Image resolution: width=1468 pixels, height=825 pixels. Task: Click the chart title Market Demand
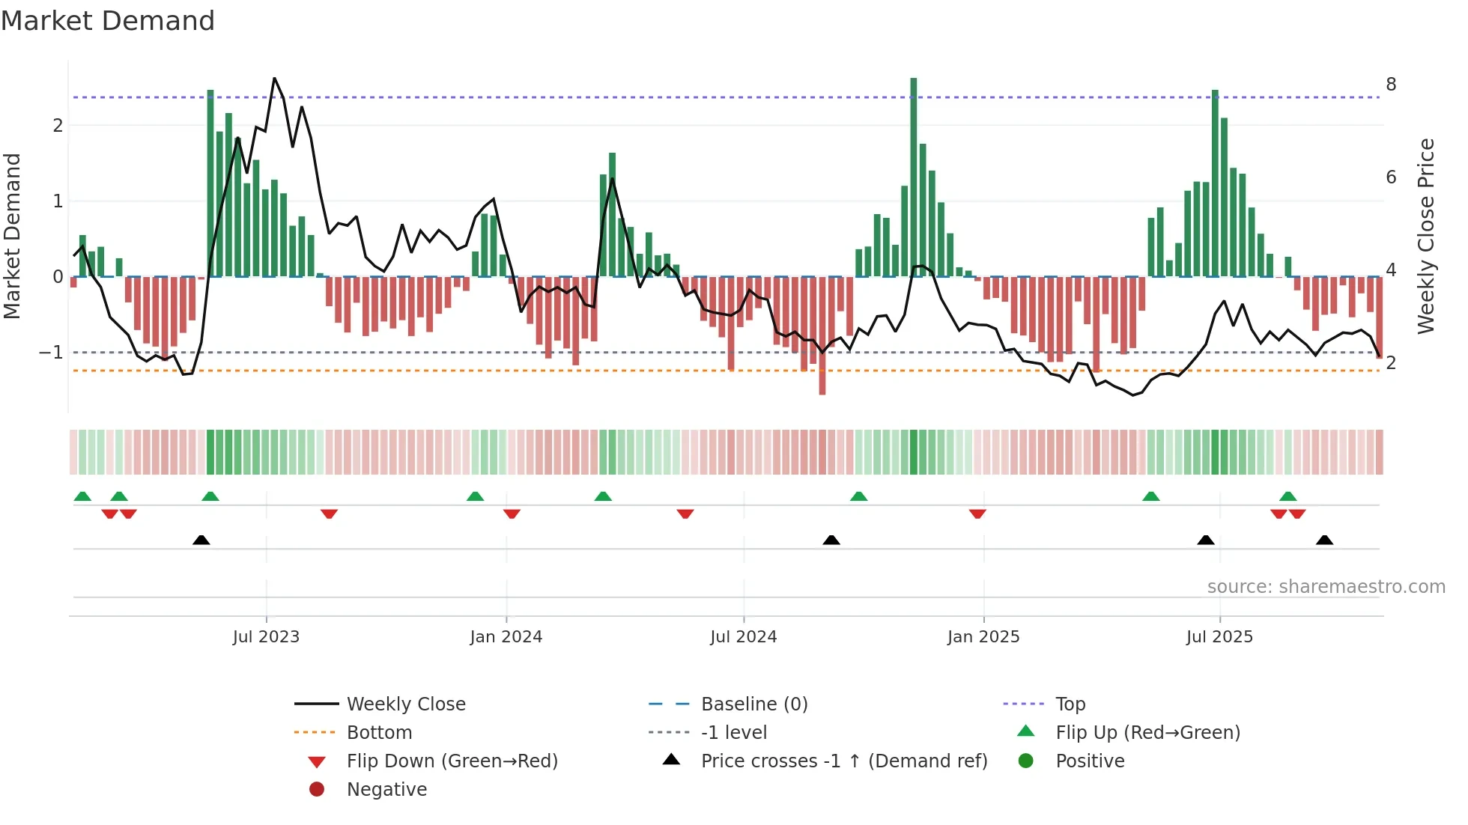click(108, 21)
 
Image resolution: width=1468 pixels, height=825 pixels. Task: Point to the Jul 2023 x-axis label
click(266, 637)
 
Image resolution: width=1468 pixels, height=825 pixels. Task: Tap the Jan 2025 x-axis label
click(983, 637)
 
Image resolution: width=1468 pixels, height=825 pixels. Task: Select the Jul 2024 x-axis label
click(743, 637)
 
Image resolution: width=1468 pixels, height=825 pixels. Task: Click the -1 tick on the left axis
click(51, 353)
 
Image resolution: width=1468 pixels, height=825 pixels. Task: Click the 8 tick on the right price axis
click(1391, 85)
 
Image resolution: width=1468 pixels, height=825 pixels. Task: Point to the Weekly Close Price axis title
click(1426, 236)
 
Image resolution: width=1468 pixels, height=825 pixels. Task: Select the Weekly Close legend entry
click(405, 704)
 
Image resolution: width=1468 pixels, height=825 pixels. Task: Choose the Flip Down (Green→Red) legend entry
click(452, 761)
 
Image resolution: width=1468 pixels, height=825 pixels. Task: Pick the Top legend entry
click(1070, 704)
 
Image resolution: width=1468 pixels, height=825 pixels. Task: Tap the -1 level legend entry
click(733, 733)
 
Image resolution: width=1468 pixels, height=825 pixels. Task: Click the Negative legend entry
click(386, 790)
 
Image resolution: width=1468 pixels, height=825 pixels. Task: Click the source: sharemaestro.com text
click(1326, 587)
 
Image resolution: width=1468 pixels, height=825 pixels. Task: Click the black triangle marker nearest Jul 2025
click(1206, 540)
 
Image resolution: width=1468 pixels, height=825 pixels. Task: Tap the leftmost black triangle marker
click(201, 540)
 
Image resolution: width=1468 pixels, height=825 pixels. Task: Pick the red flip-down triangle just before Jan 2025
click(977, 514)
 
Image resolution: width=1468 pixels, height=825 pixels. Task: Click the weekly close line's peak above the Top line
click(274, 79)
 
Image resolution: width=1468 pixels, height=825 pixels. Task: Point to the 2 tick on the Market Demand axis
click(58, 126)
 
